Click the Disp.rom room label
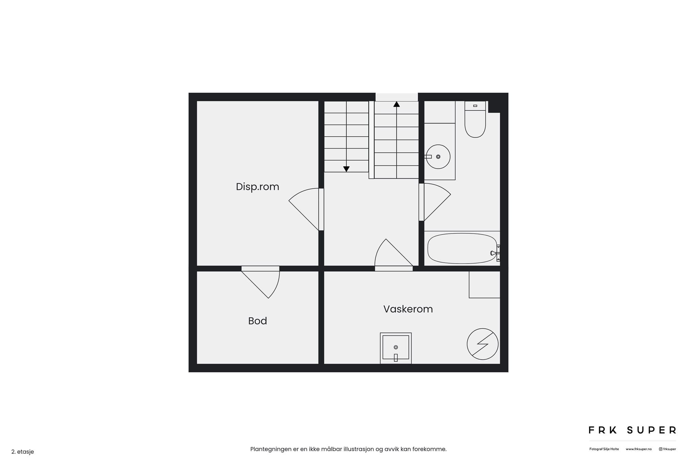click(257, 187)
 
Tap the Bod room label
click(257, 321)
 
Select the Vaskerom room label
click(408, 309)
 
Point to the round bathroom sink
click(438, 157)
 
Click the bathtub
click(462, 248)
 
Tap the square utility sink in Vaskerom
click(396, 348)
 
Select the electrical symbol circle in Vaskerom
click(483, 344)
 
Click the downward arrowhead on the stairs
click(346, 169)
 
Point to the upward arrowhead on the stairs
click(396, 104)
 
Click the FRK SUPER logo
click(632, 430)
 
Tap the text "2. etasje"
click(22, 452)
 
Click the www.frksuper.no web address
click(638, 449)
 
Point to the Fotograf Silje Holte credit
click(604, 449)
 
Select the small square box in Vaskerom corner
click(484, 285)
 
